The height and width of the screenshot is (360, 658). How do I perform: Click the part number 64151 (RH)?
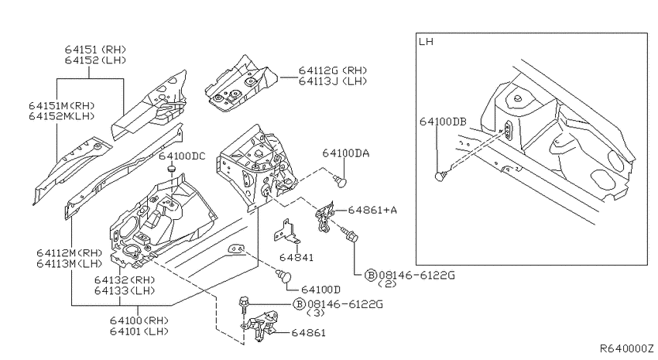point(95,49)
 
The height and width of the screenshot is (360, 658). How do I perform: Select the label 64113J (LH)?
point(333,81)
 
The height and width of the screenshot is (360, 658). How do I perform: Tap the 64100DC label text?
point(182,156)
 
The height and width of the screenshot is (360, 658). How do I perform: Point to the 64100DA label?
point(346,153)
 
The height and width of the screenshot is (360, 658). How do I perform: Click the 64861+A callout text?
point(372,210)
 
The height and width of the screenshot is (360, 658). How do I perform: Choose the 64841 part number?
point(296,257)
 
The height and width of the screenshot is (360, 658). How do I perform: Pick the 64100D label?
point(320,290)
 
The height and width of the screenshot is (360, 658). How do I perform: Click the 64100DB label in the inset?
point(443,122)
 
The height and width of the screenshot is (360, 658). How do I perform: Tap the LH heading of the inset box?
point(426,42)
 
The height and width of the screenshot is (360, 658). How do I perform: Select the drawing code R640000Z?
point(626,348)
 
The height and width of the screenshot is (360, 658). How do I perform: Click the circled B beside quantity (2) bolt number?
point(371,276)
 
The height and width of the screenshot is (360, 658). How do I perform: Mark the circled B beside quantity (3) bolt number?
point(299,304)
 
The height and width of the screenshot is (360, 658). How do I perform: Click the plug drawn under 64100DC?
point(172,169)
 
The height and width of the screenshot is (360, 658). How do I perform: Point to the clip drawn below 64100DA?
point(341,181)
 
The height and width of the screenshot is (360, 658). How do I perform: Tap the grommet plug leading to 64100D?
point(283,276)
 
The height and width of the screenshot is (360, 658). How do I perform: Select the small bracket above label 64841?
point(287,231)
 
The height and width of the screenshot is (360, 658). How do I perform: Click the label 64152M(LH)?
point(62,116)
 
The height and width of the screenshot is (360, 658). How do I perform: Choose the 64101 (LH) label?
point(139,331)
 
